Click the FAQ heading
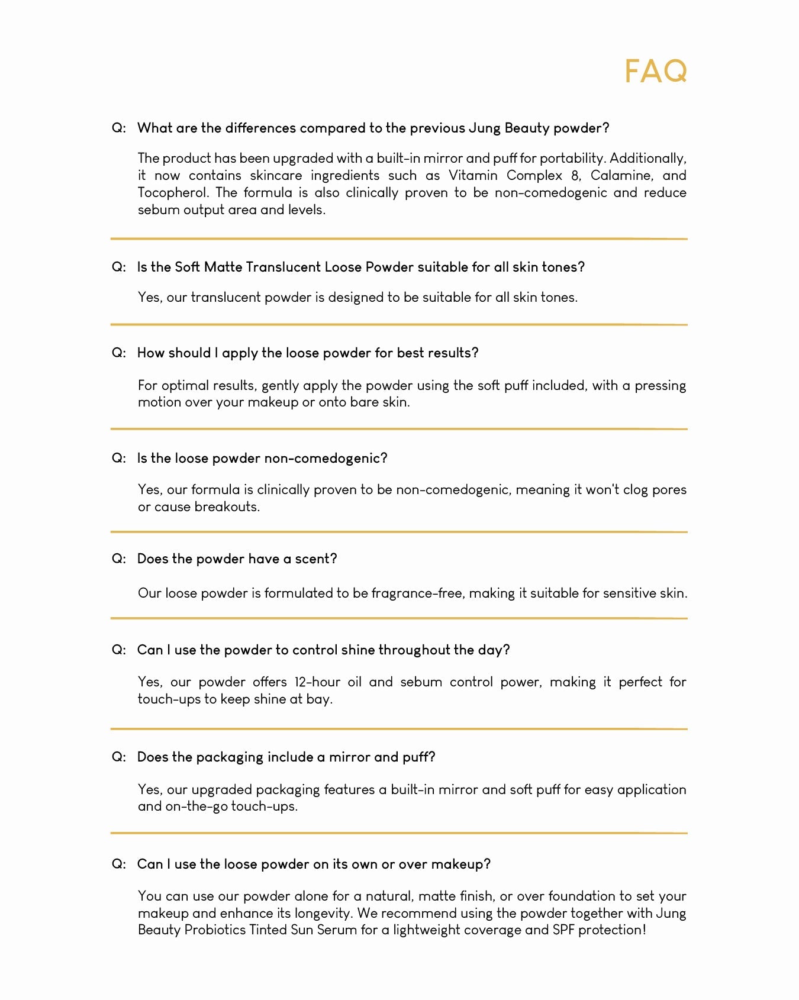[656, 72]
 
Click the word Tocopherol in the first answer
[172, 193]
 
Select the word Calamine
[621, 176]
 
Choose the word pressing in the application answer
[660, 386]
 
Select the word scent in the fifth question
[315, 559]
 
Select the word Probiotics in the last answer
[215, 930]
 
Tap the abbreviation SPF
[563, 930]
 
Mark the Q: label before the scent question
[119, 559]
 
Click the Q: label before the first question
[119, 128]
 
